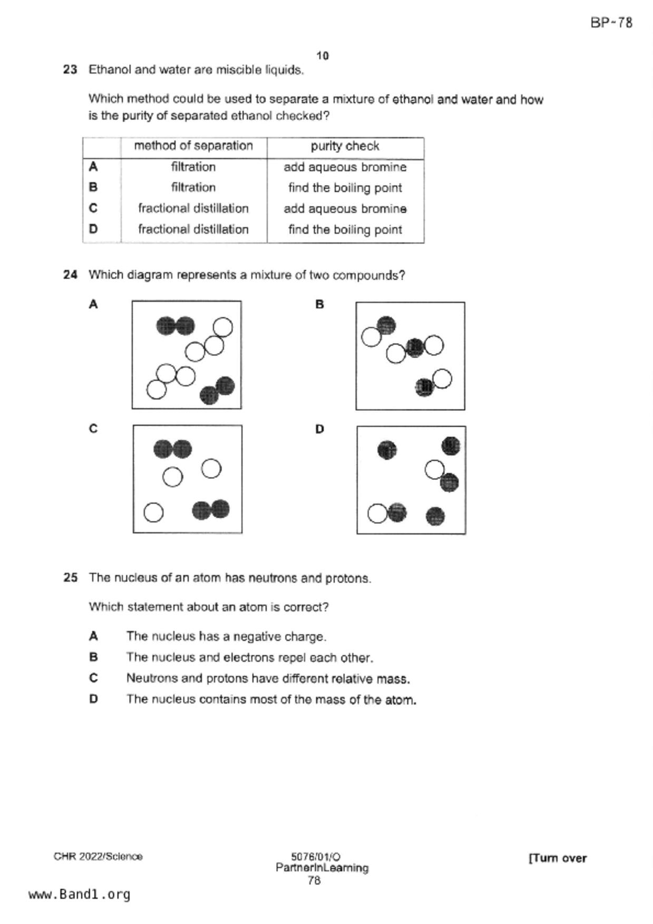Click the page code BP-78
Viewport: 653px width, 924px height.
tap(611, 23)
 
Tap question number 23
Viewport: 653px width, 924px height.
tap(70, 70)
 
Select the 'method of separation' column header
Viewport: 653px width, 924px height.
tap(193, 146)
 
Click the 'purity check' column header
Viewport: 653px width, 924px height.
tap(345, 146)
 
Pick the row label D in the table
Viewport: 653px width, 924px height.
tap(93, 229)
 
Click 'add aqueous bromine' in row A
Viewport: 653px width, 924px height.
tap(345, 168)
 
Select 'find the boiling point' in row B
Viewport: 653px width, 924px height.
tap(345, 188)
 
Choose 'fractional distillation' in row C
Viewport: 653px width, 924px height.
tap(193, 209)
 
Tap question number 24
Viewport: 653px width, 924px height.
tap(70, 275)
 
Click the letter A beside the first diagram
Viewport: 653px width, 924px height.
tap(93, 304)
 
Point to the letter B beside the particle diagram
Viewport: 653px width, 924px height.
tap(319, 304)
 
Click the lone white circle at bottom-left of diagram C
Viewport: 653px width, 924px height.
tap(153, 513)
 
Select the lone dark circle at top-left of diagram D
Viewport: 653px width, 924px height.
tap(387, 450)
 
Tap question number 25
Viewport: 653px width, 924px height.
tap(70, 578)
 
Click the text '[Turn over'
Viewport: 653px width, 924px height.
tap(557, 858)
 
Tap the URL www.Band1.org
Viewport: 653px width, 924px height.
tap(79, 894)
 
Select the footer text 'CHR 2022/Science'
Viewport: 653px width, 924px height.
tap(98, 857)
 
